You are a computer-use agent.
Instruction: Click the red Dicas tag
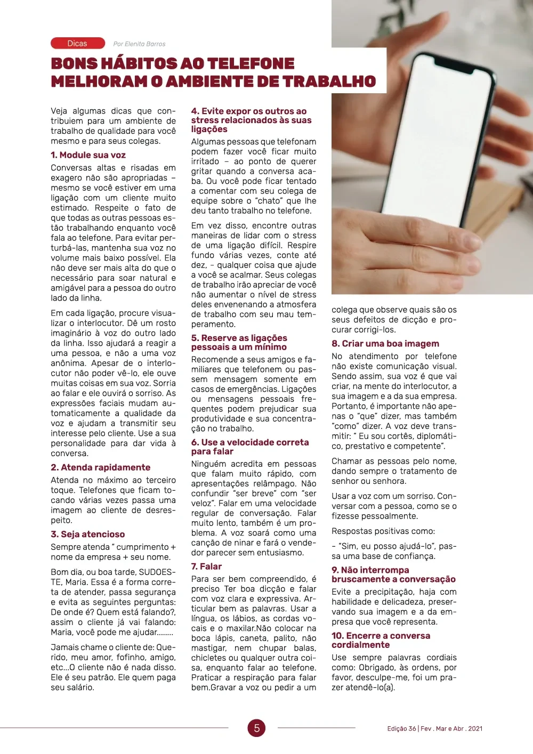77,43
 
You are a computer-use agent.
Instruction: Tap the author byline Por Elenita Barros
139,44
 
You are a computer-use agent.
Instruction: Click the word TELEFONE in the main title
251,63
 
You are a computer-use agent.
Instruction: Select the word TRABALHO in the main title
329,82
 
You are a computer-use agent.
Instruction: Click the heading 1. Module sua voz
88,155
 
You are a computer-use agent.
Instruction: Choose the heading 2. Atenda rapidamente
100,467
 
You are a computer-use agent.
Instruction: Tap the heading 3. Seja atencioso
87,534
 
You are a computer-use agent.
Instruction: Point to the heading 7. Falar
206,566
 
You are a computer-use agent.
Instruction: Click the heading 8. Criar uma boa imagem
385,344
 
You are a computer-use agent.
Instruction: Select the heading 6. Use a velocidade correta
249,447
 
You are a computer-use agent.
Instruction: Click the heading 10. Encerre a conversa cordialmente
381,640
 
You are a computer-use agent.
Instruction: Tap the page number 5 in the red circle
256,728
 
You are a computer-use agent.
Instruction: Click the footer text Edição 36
401,728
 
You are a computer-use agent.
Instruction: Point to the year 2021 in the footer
474,728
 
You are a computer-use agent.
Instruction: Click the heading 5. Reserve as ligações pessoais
239,342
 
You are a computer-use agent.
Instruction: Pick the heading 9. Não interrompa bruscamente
393,574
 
